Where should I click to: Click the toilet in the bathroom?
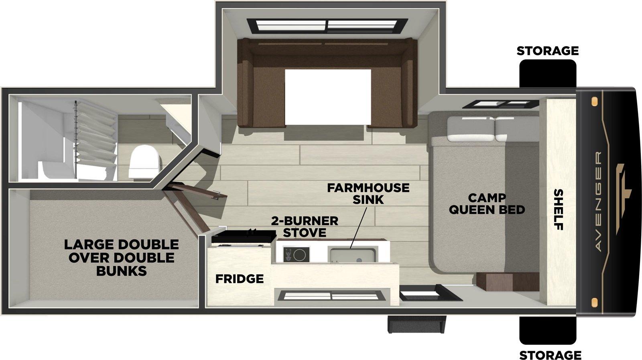point(145,162)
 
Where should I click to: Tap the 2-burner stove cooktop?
point(297,254)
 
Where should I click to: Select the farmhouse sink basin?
point(353,255)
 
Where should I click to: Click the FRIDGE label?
point(240,279)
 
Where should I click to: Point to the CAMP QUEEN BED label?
point(487,204)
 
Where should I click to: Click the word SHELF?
point(559,209)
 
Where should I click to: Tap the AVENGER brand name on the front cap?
point(599,201)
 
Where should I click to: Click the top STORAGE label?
point(548,51)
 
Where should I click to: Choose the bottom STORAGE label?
point(550,355)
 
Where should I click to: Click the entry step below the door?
point(417,324)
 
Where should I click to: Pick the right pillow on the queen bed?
point(517,129)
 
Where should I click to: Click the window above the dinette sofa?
point(327,26)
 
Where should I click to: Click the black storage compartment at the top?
point(548,73)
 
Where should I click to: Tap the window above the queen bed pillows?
point(500,104)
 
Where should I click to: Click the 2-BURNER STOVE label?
point(305,227)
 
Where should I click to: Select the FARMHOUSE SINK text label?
point(368,193)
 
